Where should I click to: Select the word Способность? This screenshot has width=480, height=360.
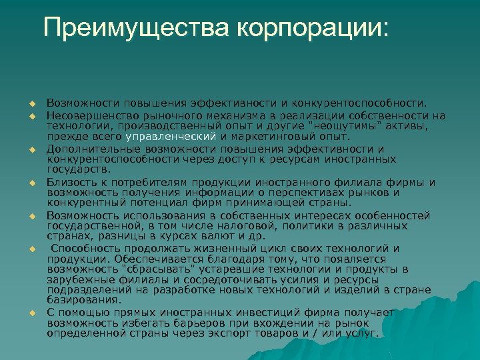coord(82,248)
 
